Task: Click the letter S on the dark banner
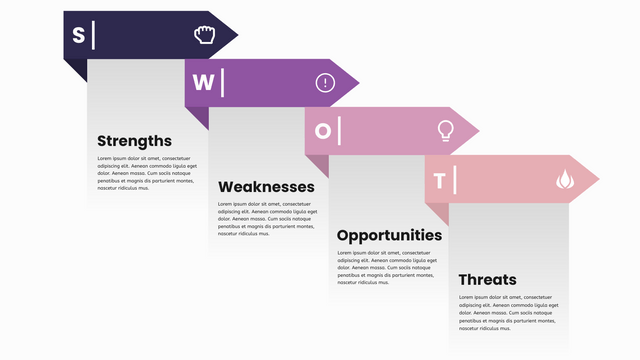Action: tap(78, 35)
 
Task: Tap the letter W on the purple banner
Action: tap(202, 83)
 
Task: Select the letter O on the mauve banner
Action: tap(323, 131)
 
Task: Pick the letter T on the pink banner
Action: tap(440, 180)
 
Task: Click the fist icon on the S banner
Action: tap(204, 35)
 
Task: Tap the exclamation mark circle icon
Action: tap(325, 83)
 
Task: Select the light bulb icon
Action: tap(445, 130)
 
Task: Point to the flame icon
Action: tap(565, 179)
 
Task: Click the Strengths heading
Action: tap(134, 141)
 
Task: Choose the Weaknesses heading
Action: tap(266, 187)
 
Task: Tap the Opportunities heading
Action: tap(389, 235)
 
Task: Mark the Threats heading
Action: tap(488, 280)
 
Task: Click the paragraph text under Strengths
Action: tap(146, 173)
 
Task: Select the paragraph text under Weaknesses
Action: tap(267, 219)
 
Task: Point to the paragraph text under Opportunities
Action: tap(388, 267)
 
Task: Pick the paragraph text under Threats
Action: tap(508, 312)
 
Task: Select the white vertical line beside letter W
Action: tap(222, 83)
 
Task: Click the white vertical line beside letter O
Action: tap(340, 131)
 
